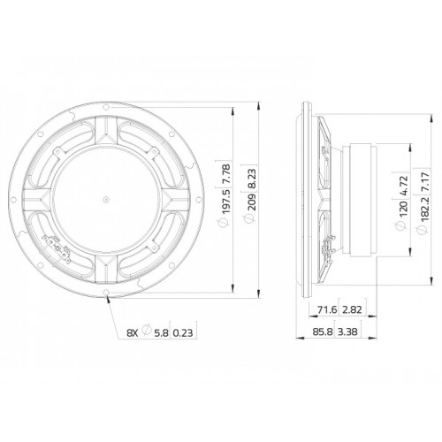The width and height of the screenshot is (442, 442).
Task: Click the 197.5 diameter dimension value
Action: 225,202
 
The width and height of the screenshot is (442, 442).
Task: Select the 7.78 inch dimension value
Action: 225,175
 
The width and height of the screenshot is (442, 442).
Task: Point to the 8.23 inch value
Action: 251,179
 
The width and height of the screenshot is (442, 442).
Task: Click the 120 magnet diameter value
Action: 403,208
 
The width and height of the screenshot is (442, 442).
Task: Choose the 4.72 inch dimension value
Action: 403,185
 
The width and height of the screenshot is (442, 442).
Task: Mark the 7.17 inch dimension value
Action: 424,183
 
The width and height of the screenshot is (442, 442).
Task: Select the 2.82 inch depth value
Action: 352,309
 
